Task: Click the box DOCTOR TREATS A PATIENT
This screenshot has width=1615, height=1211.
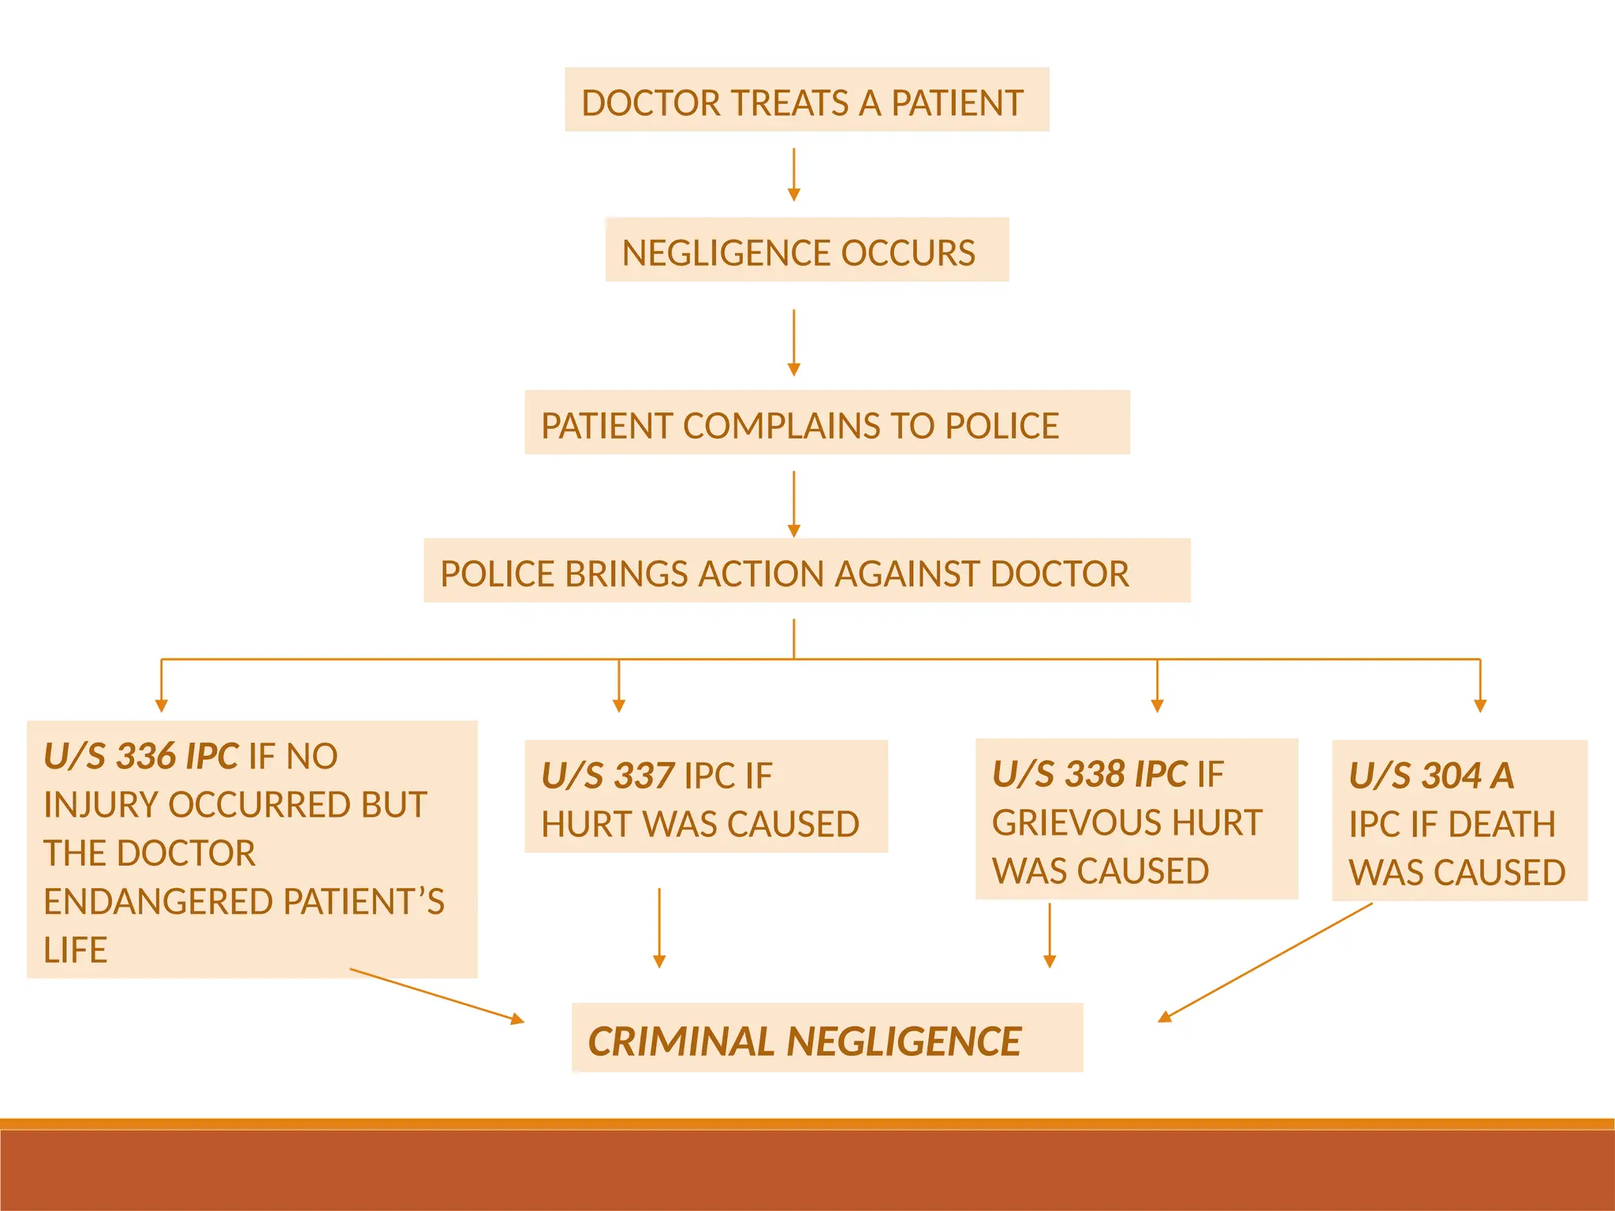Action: coord(806,100)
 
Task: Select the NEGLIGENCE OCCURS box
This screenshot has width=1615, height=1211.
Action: coord(806,251)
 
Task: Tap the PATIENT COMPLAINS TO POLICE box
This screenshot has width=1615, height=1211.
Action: coord(826,423)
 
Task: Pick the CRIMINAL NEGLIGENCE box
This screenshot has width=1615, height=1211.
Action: coord(826,1039)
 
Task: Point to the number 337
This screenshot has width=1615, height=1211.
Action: coord(643,776)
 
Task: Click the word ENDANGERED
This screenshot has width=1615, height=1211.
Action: coord(158,902)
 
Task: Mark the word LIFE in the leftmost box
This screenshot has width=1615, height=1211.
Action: coord(76,950)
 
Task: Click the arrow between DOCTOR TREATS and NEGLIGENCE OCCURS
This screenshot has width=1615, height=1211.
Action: coord(794,173)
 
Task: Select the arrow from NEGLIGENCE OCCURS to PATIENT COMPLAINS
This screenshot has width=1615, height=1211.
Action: coord(794,342)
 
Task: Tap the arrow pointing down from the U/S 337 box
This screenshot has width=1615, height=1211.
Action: coord(659,927)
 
